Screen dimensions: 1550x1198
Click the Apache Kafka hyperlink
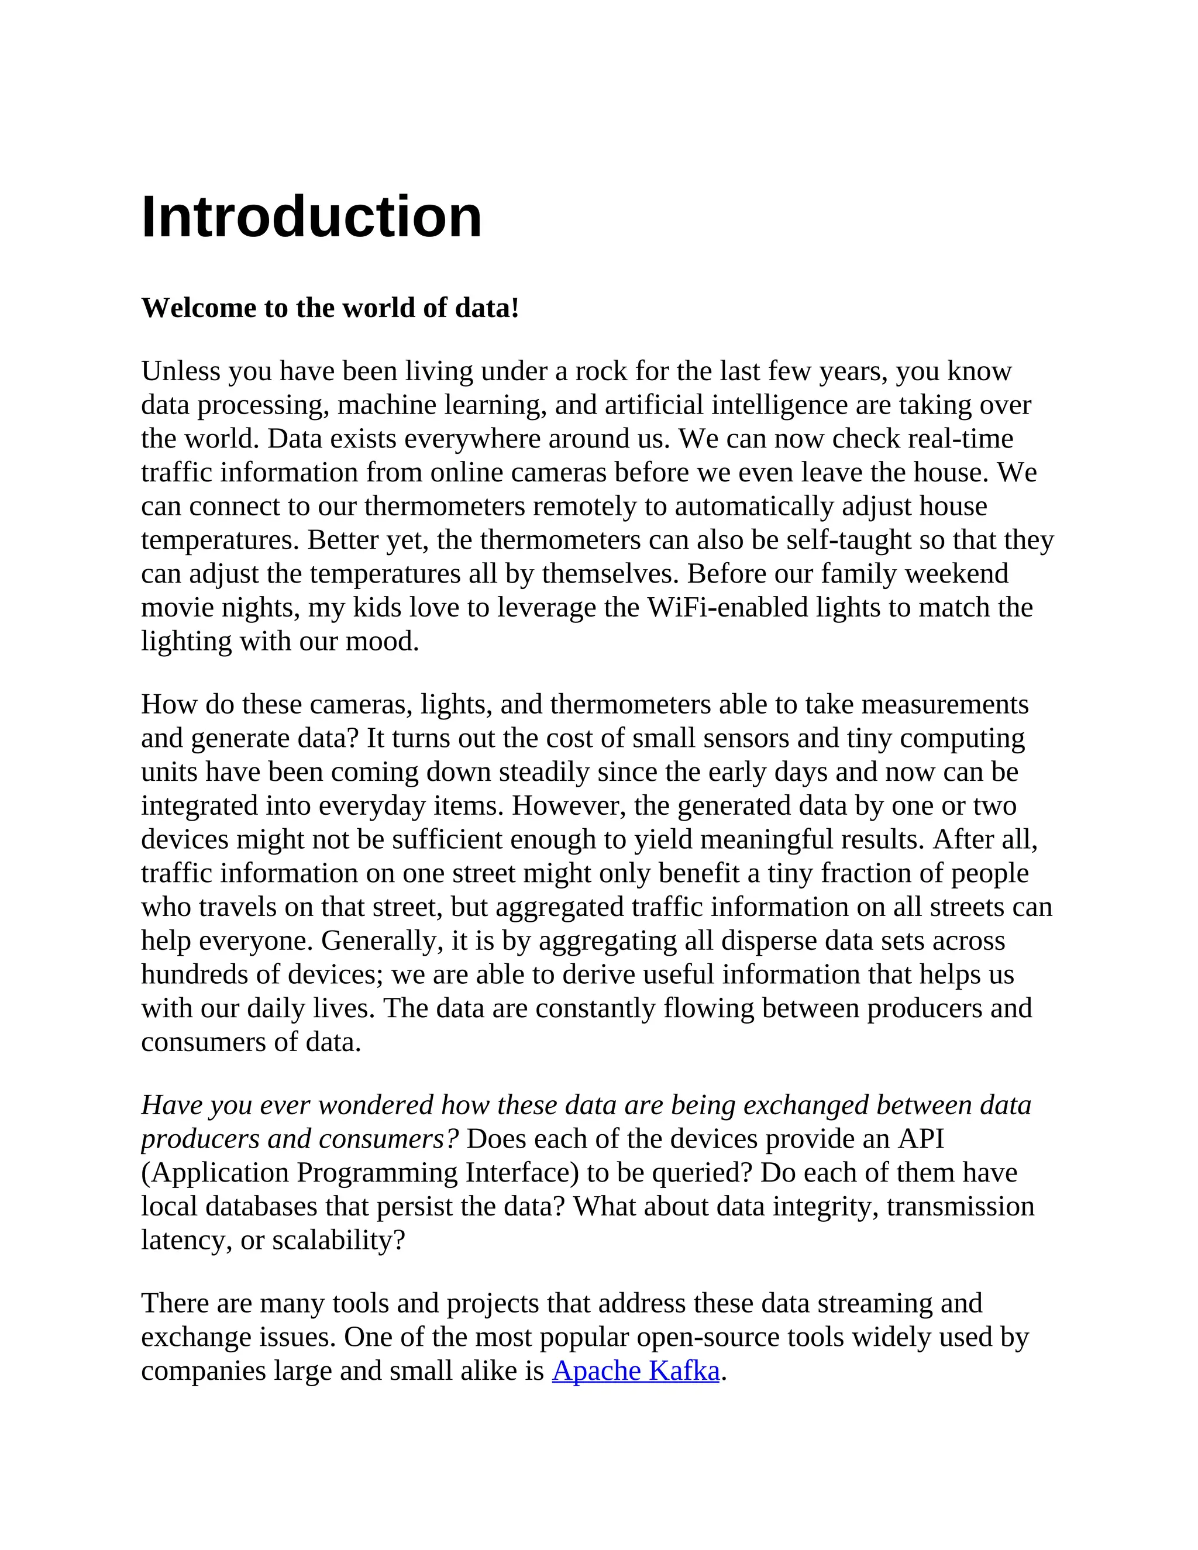pyautogui.click(x=635, y=1370)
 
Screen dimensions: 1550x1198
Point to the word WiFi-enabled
pyautogui.click(x=728, y=608)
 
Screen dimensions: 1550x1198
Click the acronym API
pyautogui.click(x=921, y=1138)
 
